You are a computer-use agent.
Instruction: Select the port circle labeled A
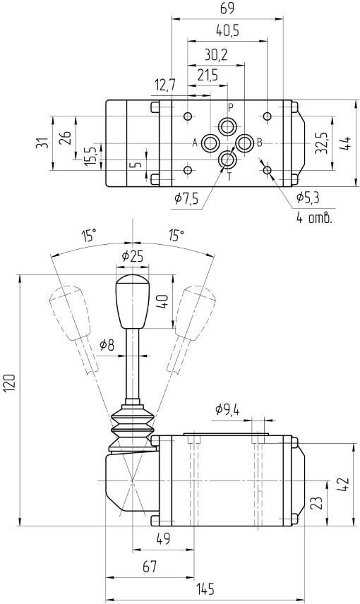(210, 143)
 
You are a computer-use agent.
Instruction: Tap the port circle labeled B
(244, 143)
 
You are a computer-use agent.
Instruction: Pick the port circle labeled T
(227, 160)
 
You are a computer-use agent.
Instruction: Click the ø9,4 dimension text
(227, 410)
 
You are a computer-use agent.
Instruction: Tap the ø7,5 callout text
(186, 199)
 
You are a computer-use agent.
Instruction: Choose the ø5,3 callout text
(308, 198)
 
